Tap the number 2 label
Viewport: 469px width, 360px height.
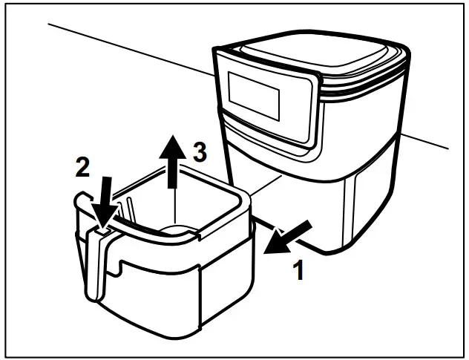[x=82, y=166]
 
